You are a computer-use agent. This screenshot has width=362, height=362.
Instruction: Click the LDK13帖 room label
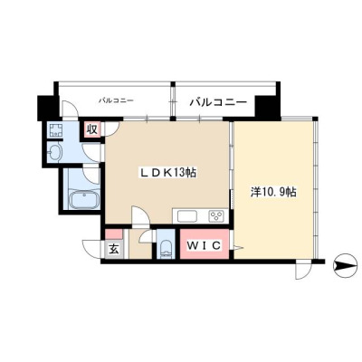(x=167, y=173)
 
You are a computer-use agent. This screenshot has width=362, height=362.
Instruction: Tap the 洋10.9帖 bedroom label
(x=273, y=192)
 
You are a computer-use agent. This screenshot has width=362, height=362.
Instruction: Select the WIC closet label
(x=204, y=245)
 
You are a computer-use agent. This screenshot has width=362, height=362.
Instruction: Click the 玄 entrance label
(x=114, y=250)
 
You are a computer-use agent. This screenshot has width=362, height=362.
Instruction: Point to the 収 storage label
(x=92, y=129)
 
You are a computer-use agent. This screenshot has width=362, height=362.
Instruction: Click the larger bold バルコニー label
(x=218, y=102)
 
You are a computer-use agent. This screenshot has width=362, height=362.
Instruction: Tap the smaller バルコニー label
(x=116, y=100)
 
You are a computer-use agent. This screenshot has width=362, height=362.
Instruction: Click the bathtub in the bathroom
(x=84, y=199)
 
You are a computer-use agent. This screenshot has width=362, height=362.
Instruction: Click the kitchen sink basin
(x=187, y=216)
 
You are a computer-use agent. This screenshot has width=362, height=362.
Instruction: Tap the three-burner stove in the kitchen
(x=217, y=216)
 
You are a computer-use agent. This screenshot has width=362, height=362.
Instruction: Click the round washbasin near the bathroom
(x=54, y=152)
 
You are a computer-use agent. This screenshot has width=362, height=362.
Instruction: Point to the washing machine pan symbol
(x=54, y=129)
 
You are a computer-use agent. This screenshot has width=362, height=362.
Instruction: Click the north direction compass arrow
(x=346, y=266)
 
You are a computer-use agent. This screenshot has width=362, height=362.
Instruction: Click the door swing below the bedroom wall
(x=304, y=270)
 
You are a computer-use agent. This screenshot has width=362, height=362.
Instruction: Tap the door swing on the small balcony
(x=70, y=110)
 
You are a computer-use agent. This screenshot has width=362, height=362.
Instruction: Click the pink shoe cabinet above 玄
(x=114, y=234)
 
